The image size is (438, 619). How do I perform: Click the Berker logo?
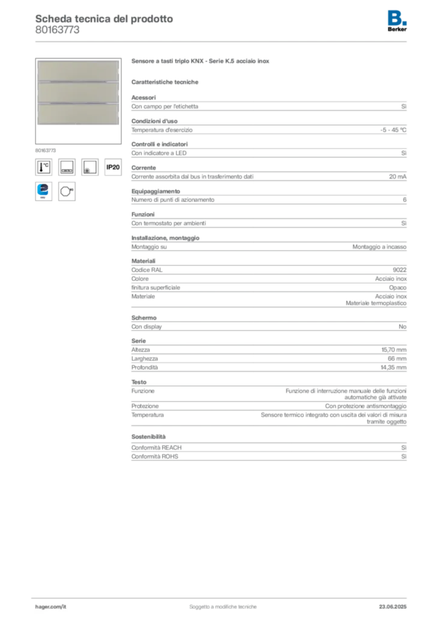pos(397,21)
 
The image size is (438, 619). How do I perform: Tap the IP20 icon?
pos(113,167)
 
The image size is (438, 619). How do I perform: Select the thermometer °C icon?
pos(44,167)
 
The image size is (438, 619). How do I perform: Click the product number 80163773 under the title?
pos(57,30)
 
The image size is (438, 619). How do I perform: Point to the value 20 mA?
pos(397,177)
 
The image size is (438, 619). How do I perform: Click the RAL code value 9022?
pos(400,270)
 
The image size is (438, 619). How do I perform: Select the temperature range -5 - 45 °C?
pos(393,130)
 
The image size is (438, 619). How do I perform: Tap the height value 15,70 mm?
pos(394,350)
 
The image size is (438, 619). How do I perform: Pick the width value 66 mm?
pos(397,358)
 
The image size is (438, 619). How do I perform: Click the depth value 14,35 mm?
pos(393,368)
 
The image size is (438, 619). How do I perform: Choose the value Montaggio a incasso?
pos(379,247)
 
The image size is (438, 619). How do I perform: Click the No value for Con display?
pos(402,326)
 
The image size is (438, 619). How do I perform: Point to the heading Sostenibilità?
pos(148,436)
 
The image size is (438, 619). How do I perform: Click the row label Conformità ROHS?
pos(155,456)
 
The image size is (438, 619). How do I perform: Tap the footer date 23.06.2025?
pos(393,607)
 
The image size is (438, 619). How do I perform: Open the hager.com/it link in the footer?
pos(51,607)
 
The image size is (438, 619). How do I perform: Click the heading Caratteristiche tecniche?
pos(165,82)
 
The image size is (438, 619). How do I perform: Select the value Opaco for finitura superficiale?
pos(397,288)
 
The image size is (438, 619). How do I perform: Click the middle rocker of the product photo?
pos(78,92)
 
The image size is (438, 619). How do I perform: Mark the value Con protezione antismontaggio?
pos(366,406)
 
